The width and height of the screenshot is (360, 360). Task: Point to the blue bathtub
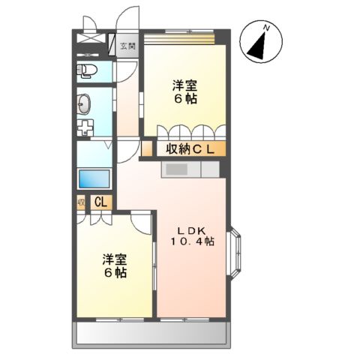[94, 180]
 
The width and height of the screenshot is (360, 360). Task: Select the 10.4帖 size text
[190, 241]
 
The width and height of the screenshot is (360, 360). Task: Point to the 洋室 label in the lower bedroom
[114, 259]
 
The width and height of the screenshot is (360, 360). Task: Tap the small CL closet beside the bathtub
[100, 201]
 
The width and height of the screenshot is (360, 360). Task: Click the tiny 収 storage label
[80, 201]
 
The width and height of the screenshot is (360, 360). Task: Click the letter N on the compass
[267, 28]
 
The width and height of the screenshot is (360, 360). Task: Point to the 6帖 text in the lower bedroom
[114, 272]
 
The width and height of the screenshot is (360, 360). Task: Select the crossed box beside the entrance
[94, 43]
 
